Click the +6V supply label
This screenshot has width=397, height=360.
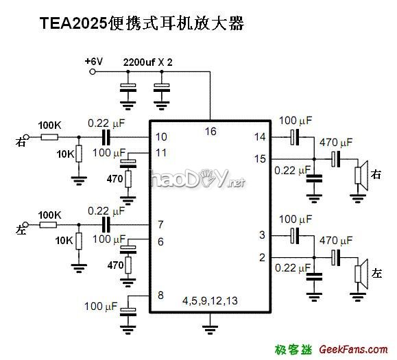[94, 61]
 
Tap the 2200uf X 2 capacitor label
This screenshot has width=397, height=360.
[147, 62]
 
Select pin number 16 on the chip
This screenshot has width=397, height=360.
[210, 130]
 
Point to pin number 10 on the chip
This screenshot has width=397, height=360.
[161, 137]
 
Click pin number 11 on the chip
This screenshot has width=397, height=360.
[161, 152]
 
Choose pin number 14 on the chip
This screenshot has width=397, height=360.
[260, 137]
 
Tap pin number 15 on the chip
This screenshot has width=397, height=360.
[260, 159]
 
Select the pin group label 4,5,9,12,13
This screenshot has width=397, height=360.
[210, 301]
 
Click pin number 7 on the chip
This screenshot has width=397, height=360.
[160, 224]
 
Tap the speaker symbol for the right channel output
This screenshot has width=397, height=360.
[360, 174]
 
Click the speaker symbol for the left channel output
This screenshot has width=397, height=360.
[360, 273]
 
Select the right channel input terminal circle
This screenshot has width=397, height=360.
[29, 137]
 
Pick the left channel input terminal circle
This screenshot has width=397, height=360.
[29, 224]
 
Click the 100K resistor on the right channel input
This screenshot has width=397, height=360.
[49, 137]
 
